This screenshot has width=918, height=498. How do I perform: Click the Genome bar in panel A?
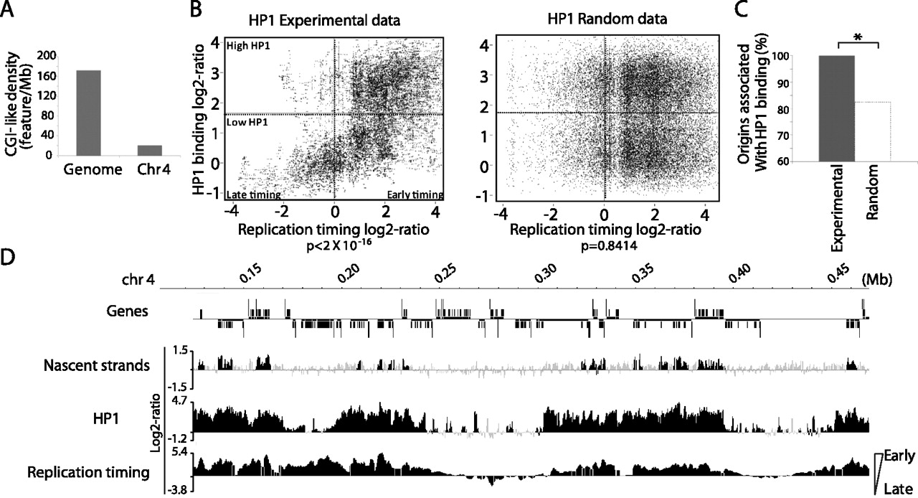(88, 113)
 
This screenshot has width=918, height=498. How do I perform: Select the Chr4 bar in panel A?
(150, 151)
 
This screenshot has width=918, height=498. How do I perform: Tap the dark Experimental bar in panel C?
(836, 108)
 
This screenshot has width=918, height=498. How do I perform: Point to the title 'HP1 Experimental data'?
(324, 20)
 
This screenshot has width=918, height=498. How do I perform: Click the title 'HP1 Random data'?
(607, 19)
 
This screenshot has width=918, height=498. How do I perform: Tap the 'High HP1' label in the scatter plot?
(248, 45)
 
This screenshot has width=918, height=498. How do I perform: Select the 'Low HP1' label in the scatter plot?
(247, 122)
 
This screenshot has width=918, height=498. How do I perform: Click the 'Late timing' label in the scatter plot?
(254, 195)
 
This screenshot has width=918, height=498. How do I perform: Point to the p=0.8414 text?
(610, 247)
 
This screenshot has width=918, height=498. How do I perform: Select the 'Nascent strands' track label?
(97, 365)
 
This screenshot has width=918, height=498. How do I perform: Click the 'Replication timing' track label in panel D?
(88, 472)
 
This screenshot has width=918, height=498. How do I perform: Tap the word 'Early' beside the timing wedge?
(899, 456)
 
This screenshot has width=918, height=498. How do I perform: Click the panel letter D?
(8, 258)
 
